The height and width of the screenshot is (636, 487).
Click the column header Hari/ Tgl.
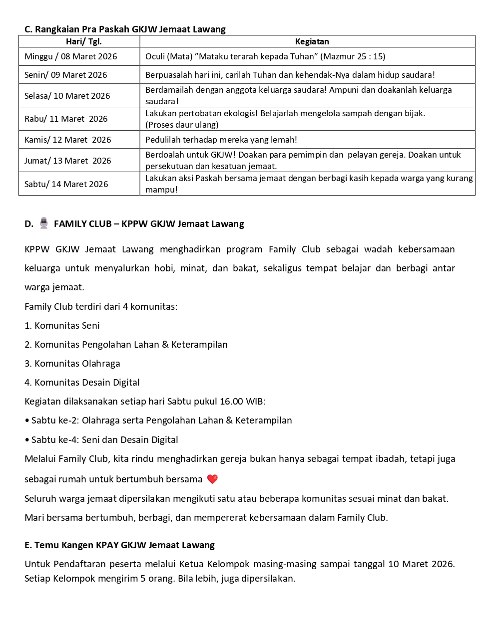point(83,41)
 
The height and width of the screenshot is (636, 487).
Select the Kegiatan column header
point(312,41)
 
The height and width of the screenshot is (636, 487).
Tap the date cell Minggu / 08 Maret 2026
point(71,56)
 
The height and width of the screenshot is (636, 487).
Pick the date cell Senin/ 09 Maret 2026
point(66,75)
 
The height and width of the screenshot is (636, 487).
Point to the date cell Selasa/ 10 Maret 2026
point(67,96)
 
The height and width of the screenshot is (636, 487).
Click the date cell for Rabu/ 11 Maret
point(66,119)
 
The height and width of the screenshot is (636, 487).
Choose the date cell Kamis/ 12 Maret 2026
point(68,140)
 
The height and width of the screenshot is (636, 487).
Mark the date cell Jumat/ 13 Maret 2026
point(68,161)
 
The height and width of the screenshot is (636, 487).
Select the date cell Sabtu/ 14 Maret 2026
point(66,184)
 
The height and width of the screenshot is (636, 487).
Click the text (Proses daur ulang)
point(182,125)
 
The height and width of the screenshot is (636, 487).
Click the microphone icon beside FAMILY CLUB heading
point(44,223)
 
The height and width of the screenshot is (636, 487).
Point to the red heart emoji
point(212,479)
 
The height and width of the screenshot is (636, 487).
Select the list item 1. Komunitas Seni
point(62,326)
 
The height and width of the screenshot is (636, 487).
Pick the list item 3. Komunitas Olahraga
point(72,364)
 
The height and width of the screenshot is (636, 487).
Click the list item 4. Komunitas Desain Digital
point(82,383)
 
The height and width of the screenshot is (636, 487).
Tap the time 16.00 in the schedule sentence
point(232,402)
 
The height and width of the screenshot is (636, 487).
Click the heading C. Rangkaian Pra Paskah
point(125,29)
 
